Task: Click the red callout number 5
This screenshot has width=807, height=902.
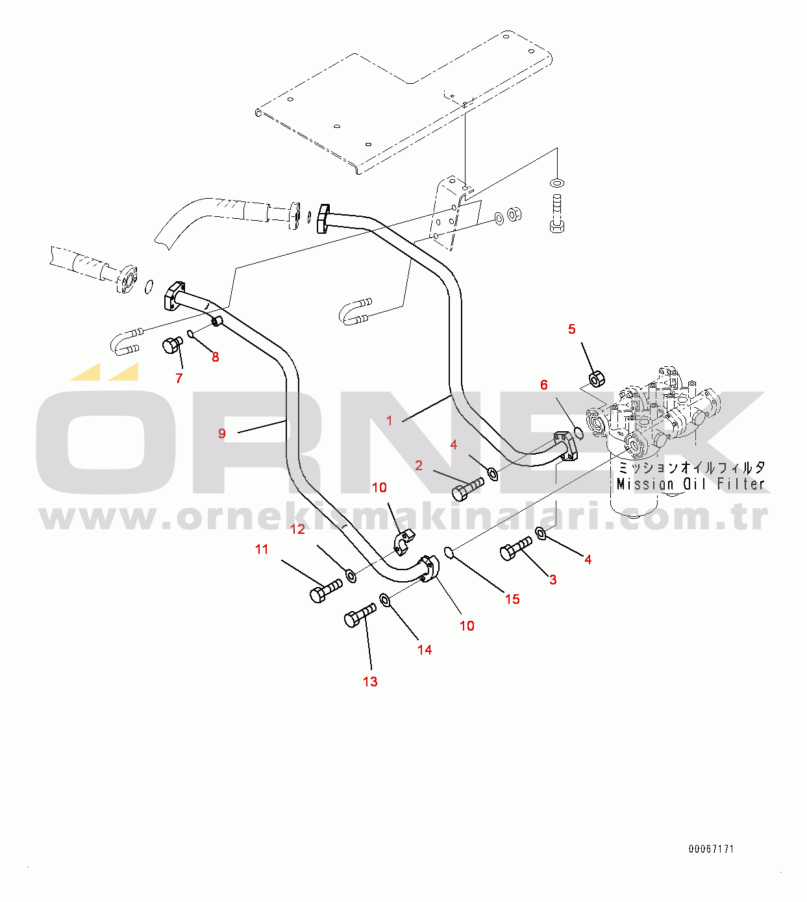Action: click(x=571, y=329)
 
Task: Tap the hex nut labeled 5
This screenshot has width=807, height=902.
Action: click(x=597, y=379)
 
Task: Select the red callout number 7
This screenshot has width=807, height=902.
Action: click(x=179, y=378)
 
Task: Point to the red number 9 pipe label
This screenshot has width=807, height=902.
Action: click(x=221, y=433)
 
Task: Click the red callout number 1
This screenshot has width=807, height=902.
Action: click(x=389, y=421)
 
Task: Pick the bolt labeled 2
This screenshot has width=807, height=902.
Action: click(x=467, y=488)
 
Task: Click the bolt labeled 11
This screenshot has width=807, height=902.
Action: click(x=326, y=591)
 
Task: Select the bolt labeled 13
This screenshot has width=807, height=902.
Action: click(x=360, y=615)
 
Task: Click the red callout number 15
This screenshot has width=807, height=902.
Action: click(x=512, y=599)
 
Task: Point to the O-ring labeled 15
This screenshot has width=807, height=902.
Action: click(x=449, y=553)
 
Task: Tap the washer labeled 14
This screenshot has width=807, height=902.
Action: click(x=385, y=600)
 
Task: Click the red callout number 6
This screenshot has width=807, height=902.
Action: click(x=543, y=384)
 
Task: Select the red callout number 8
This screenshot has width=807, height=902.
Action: click(x=216, y=357)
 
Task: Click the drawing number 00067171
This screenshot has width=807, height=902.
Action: click(x=712, y=849)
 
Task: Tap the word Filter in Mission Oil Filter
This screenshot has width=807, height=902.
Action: click(x=741, y=484)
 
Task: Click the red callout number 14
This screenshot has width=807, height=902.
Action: click(x=424, y=650)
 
